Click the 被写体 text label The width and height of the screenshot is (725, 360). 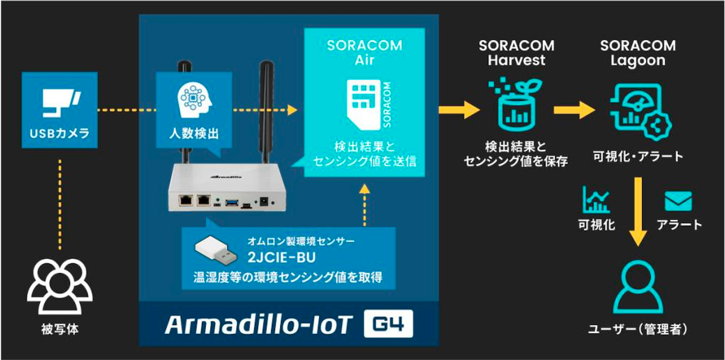click(59, 330)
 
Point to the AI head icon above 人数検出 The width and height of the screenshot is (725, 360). click(194, 97)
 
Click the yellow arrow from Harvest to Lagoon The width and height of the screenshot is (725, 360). click(574, 110)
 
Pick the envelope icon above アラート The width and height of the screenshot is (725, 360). click(678, 201)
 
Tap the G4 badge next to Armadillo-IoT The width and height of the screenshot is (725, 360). click(388, 324)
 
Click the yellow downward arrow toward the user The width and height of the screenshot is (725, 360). click(637, 211)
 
